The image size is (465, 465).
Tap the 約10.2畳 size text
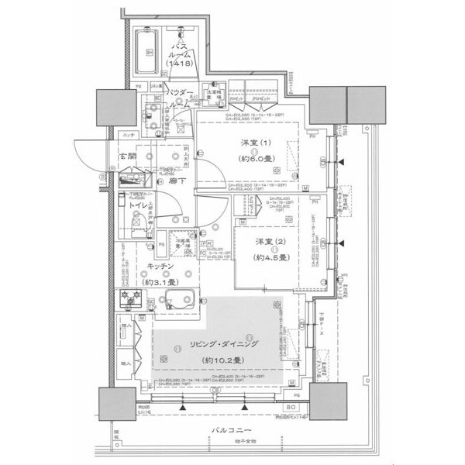pos(222,360)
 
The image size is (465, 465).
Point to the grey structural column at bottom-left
pos(117,403)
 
